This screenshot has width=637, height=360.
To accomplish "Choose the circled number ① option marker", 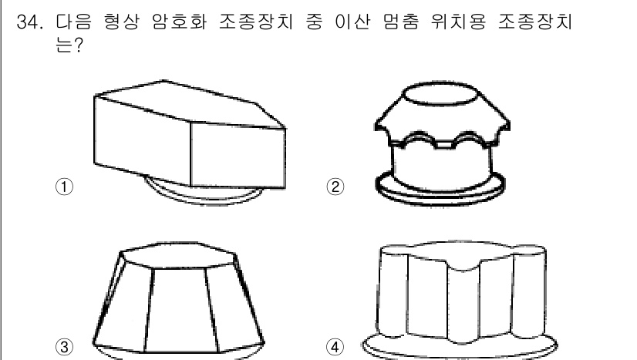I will coord(63,186).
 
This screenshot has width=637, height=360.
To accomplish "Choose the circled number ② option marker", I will coord(336,186).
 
